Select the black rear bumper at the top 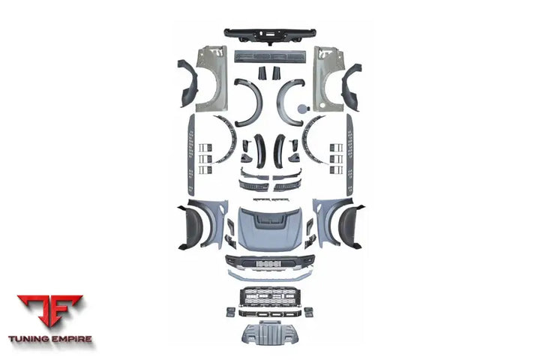[x=269, y=34]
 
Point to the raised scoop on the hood [x=269, y=219]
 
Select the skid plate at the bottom [x=269, y=333]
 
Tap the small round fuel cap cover [x=301, y=109]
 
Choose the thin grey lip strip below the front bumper [x=269, y=275]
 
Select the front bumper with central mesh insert [x=269, y=262]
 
